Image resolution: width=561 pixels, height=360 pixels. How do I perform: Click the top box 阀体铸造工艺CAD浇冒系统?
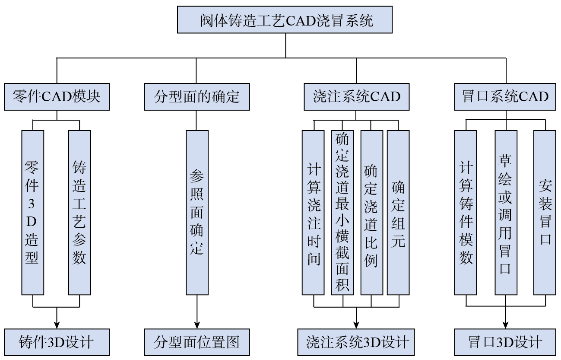click(x=285, y=19)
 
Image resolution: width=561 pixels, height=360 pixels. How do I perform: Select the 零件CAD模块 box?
click(x=57, y=96)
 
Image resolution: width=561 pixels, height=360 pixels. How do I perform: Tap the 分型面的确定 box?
click(x=197, y=96)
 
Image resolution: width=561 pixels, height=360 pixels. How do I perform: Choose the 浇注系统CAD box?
click(x=356, y=96)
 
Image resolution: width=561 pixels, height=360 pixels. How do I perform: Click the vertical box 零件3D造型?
click(x=33, y=212)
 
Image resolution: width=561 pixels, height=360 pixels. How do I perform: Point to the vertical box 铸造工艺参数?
click(x=79, y=212)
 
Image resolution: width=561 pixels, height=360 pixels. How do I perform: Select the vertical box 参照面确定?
click(x=197, y=212)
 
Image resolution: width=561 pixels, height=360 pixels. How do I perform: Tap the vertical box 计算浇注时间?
click(x=313, y=212)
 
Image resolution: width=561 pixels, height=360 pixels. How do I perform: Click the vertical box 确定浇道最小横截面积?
click(x=342, y=212)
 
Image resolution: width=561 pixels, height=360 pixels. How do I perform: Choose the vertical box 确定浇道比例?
click(x=371, y=212)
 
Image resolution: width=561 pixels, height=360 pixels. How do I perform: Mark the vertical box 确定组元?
click(x=398, y=212)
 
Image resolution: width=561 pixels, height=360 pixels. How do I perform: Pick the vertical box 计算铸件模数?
click(x=466, y=212)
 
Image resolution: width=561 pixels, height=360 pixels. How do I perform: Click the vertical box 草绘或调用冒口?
click(x=505, y=212)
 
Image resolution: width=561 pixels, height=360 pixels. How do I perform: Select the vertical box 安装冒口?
click(x=545, y=212)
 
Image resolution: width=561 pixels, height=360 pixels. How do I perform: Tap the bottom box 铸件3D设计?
click(x=57, y=342)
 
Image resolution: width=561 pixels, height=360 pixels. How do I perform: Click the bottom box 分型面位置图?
click(x=197, y=342)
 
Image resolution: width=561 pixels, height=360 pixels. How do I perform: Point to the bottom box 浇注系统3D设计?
click(x=356, y=342)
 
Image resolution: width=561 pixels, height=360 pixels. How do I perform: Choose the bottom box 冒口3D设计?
click(x=505, y=342)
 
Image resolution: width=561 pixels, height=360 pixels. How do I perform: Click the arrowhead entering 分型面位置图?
click(x=197, y=325)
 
